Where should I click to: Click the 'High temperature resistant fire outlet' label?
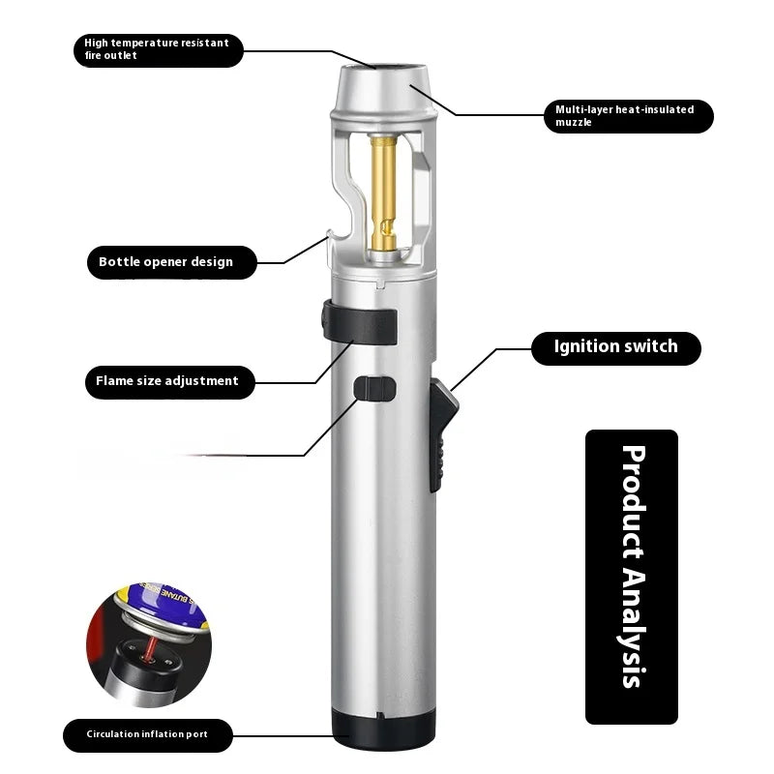158,49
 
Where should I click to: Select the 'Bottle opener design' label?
165,262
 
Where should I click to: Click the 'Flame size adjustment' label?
166,381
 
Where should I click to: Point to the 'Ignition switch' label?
615,346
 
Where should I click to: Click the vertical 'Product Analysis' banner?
632,577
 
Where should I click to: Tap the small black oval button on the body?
374,388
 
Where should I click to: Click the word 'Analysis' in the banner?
632,628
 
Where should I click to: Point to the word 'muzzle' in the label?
574,123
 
